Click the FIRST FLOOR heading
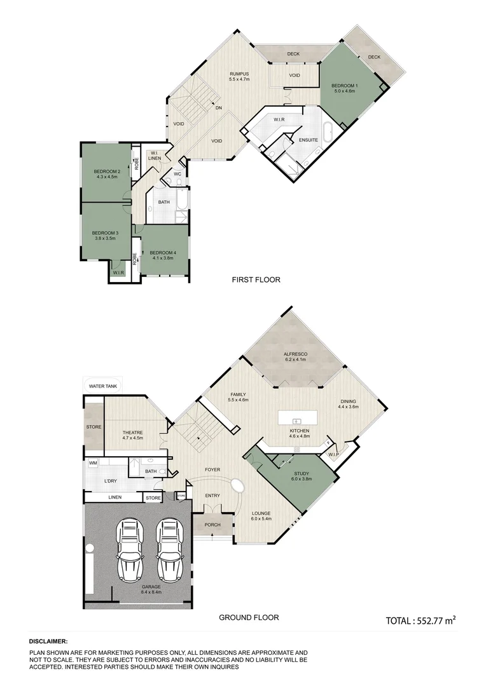pyautogui.click(x=256, y=279)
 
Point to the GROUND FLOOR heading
pyautogui.click(x=249, y=617)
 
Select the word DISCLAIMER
pyautogui.click(x=48, y=642)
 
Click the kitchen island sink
pyautogui.click(x=296, y=421)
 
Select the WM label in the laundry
pyautogui.click(x=93, y=463)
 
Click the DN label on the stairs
pyautogui.click(x=218, y=107)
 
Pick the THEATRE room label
pyautogui.click(x=132, y=433)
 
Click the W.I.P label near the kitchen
pyautogui.click(x=331, y=454)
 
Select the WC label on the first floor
pyautogui.click(x=178, y=173)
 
